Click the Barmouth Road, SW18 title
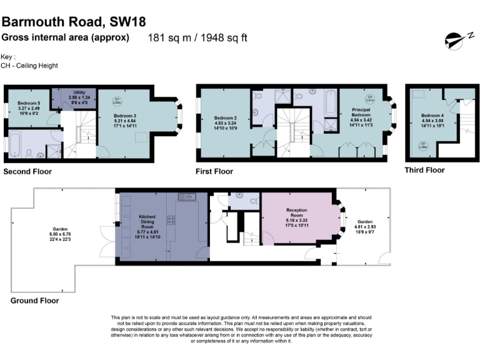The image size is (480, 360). click(74, 22)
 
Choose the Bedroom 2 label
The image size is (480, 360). click(225, 121)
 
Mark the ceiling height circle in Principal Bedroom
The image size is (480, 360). click(370, 97)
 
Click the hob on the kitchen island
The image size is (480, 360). click(171, 219)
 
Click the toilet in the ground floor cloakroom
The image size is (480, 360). click(252, 201)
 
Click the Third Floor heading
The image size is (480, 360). click(425, 170)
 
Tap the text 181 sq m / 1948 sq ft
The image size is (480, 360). click(197, 37)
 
